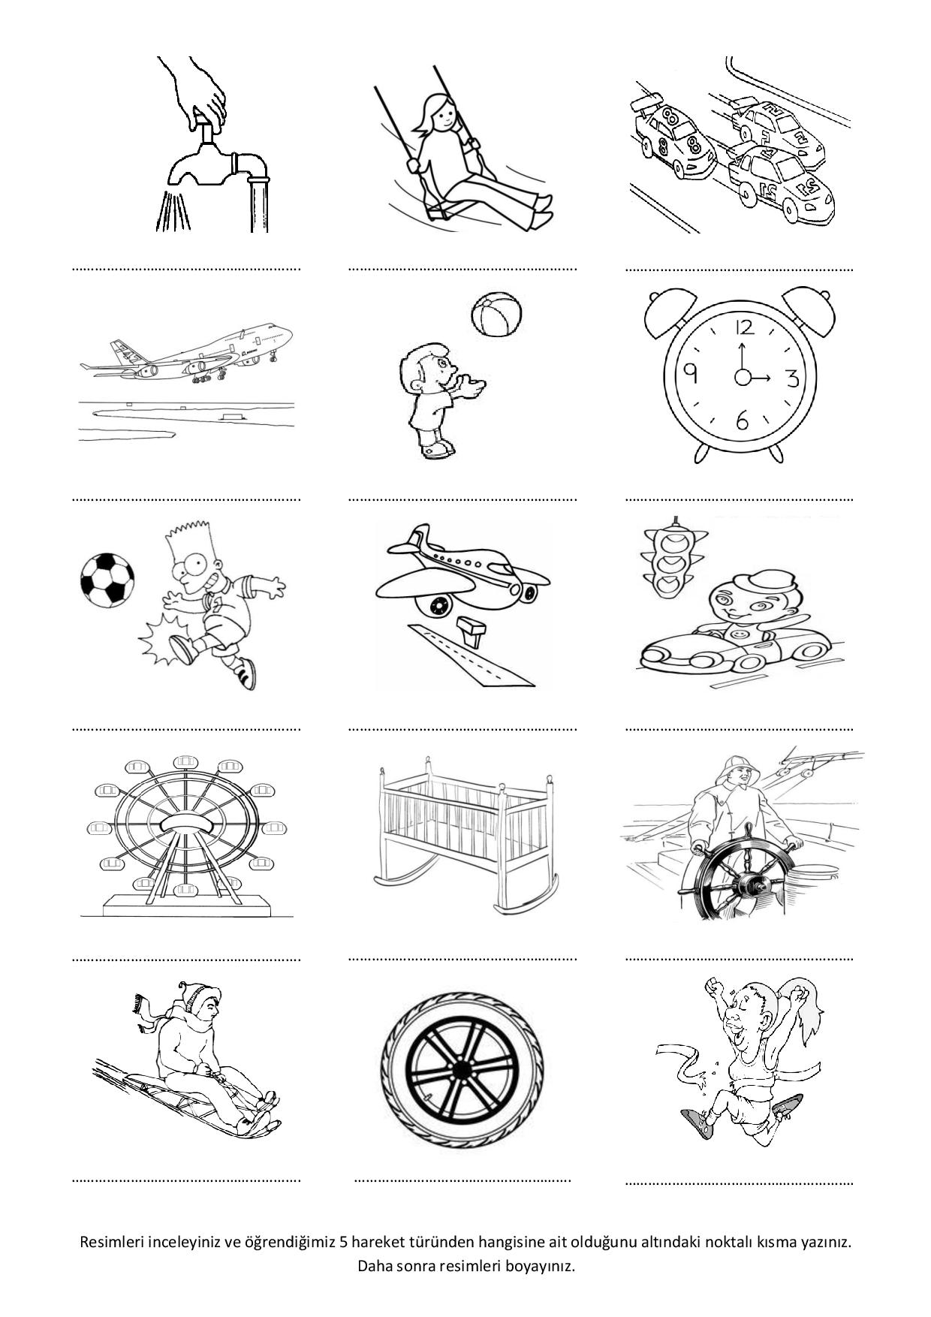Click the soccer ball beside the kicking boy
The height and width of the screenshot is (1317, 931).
coord(107,580)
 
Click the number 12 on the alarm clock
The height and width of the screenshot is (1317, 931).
coord(744,327)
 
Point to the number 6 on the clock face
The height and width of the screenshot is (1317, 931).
coord(742,421)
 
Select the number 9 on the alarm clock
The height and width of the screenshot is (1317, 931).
coord(691,373)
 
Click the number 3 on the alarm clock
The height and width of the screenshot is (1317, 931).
coord(792,378)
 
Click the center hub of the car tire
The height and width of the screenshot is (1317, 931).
coord(462,1069)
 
